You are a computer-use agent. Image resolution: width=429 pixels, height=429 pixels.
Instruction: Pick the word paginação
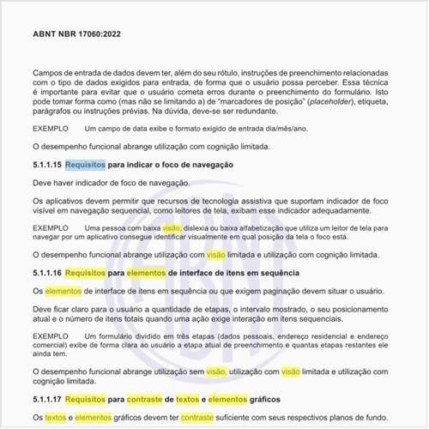coord(276,291)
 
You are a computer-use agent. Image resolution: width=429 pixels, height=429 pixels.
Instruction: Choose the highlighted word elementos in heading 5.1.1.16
coord(149,273)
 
